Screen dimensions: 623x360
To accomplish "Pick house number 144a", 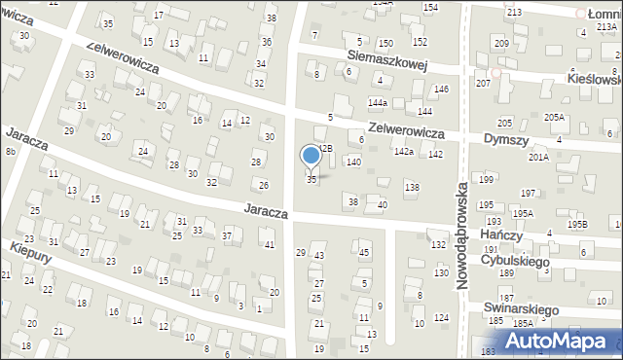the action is pos(378,102).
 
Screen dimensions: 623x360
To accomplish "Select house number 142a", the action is pos(404,152).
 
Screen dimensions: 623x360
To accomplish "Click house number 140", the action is pos(353,162).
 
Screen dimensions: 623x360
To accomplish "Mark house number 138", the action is pos(412,186).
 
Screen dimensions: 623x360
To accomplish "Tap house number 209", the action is pos(501,44).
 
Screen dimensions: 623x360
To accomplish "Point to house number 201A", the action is pos(538,157).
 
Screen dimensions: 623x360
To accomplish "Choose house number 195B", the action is pos(578,224).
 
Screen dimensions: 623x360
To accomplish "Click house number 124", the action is pos(442,318).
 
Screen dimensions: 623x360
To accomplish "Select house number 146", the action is pos(441,90).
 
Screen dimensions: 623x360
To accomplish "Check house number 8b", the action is pos(10,152).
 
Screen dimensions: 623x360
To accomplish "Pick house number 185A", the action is pos(523,323).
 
